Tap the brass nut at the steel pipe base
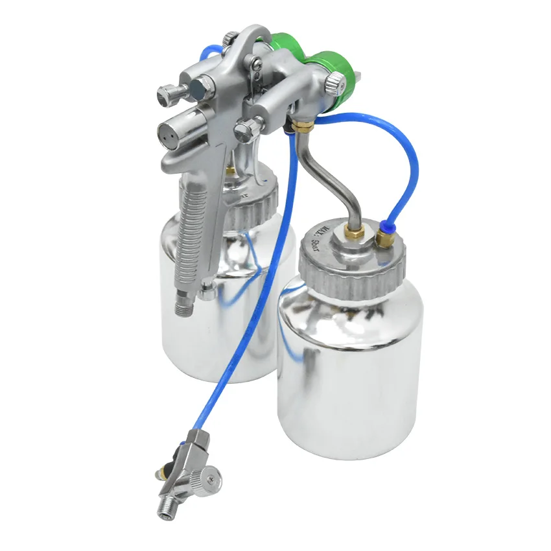coord(355,232)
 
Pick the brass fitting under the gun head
coord(300,123)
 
